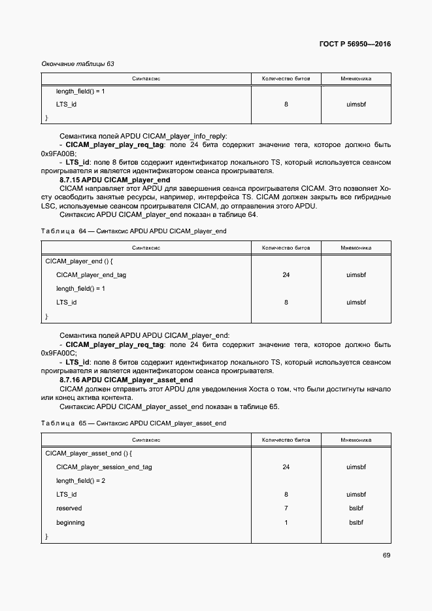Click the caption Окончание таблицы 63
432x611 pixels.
coord(78,63)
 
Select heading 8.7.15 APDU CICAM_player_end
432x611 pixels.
coord(114,179)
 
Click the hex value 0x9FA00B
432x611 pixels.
coord(58,153)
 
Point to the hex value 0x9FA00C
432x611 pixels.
coord(58,353)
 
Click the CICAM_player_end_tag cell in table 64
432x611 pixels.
coord(91,275)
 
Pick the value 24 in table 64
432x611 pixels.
coord(286,275)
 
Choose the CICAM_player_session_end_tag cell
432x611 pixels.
coord(104,467)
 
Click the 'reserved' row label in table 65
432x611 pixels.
coord(69,508)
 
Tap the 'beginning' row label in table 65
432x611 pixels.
coord(71,523)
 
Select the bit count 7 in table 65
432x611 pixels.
coord(286,508)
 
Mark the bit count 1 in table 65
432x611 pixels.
coord(286,523)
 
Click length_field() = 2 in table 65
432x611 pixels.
coord(80,480)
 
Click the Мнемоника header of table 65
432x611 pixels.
coord(356,440)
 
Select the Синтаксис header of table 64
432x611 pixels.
coord(146,248)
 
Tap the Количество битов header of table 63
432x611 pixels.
coord(286,78)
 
